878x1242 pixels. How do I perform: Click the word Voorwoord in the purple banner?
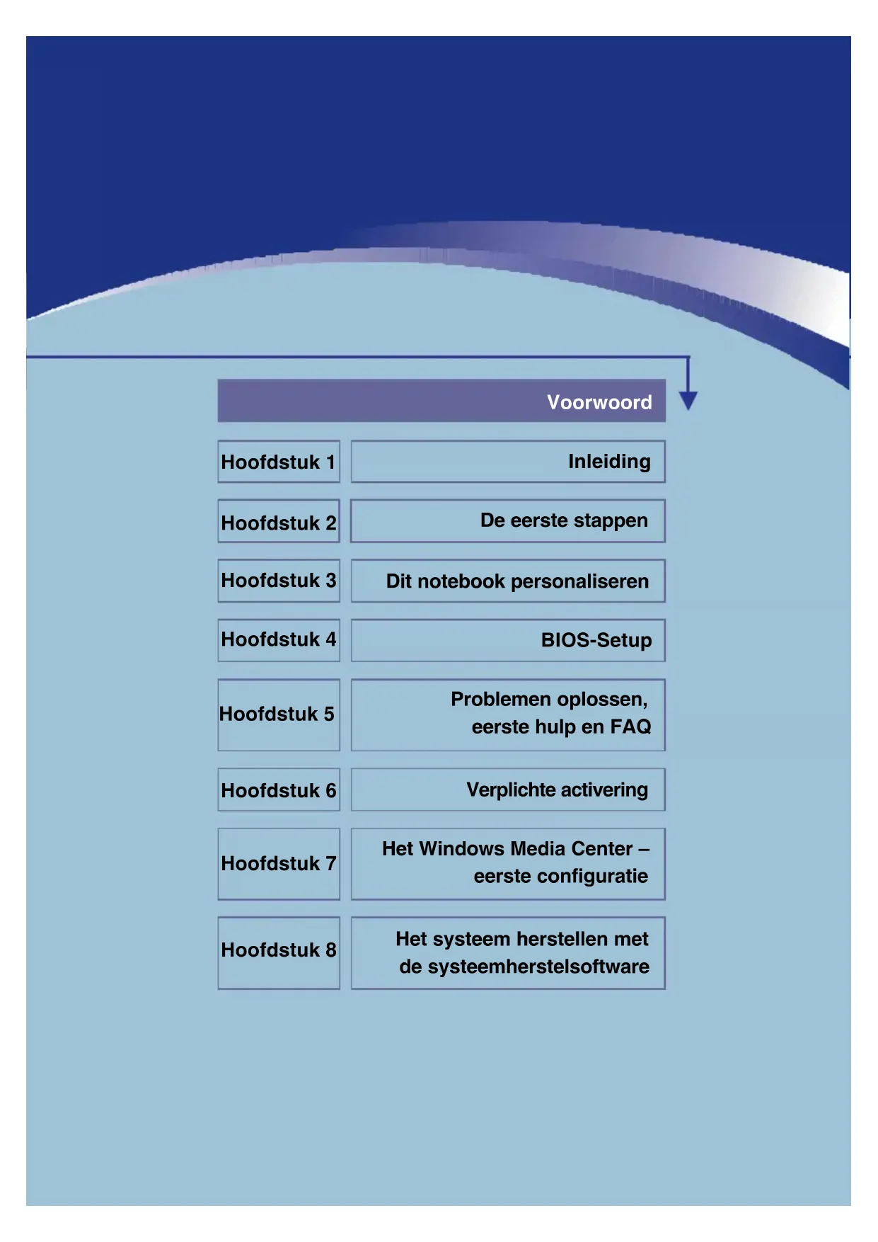click(599, 402)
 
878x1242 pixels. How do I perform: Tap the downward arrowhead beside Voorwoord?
click(688, 399)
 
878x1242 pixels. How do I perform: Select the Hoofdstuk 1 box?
click(278, 462)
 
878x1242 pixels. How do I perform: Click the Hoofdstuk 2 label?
click(278, 523)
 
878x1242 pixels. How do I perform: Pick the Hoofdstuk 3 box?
click(278, 581)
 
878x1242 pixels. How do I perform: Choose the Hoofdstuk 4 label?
click(278, 639)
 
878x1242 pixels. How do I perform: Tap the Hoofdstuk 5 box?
click(278, 714)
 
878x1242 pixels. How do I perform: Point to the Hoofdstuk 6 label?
click(278, 790)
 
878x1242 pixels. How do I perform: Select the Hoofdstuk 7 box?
click(278, 863)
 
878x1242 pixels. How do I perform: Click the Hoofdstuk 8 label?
click(278, 950)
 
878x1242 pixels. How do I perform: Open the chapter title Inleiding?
click(608, 462)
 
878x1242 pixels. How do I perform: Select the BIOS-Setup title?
click(596, 640)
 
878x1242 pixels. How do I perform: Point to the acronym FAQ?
click(630, 727)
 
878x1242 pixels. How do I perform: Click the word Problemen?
click(501, 699)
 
